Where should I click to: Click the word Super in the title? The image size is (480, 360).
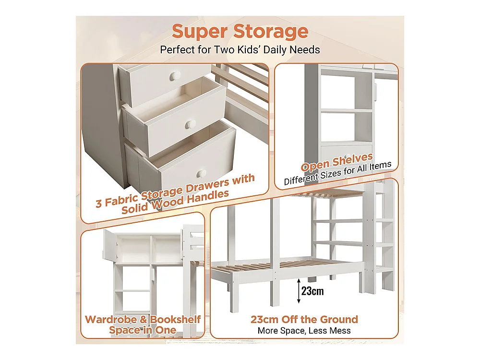[200, 32]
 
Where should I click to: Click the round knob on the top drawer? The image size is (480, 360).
[175, 75]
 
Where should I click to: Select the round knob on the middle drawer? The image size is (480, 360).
[192, 124]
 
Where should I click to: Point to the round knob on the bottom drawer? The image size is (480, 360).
[202, 173]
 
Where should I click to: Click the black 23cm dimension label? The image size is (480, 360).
[312, 291]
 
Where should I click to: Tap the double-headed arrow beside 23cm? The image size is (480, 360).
[299, 291]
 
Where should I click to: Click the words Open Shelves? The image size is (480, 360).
[337, 162]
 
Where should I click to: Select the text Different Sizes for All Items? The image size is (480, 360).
[337, 173]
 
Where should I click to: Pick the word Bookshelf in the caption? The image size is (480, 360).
[175, 320]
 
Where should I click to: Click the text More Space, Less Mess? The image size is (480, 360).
[304, 331]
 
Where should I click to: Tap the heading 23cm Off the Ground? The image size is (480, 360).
[304, 320]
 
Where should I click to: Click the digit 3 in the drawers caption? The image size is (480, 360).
[98, 203]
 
